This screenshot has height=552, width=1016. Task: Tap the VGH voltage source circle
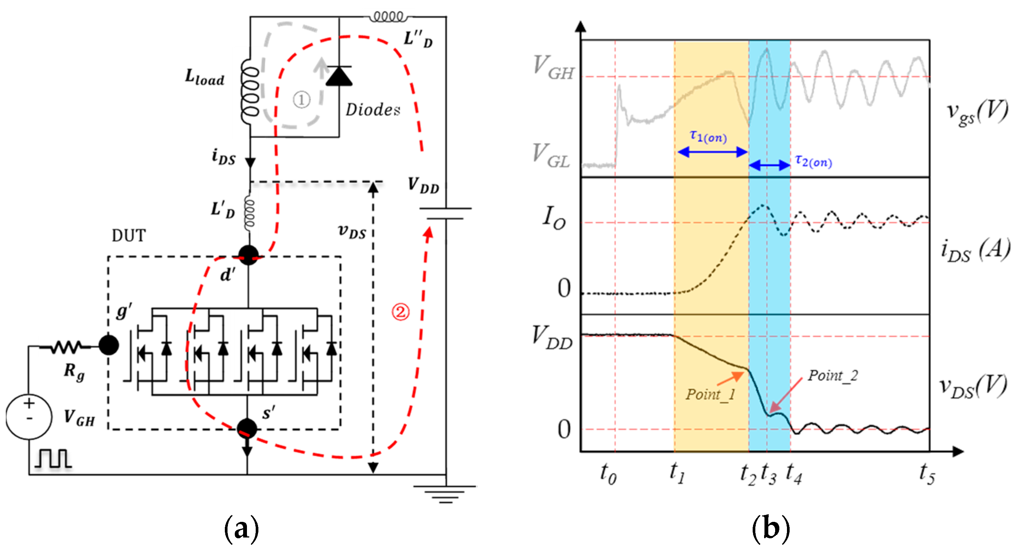[x=29, y=416]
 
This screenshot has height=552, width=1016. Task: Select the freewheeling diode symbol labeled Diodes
[x=339, y=76]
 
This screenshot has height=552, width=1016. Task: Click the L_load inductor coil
[x=250, y=92]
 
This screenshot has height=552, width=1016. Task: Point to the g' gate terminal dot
[x=109, y=345]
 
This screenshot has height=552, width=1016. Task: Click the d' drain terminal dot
[x=248, y=255]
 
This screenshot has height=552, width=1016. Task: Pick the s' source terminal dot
[x=247, y=428]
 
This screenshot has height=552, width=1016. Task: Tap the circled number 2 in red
[x=400, y=312]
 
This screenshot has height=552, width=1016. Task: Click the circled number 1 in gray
[x=301, y=100]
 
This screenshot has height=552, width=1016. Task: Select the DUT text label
[x=128, y=236]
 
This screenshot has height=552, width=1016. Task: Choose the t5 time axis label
[x=927, y=473]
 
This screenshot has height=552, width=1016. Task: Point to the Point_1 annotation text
[x=710, y=394]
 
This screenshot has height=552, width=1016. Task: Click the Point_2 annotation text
[x=833, y=375]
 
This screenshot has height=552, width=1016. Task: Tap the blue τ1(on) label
[x=708, y=137]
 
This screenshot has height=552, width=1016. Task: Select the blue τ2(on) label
[x=813, y=161]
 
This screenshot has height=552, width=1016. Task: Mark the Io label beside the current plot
[x=554, y=218]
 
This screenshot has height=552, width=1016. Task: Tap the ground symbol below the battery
[x=445, y=494]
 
